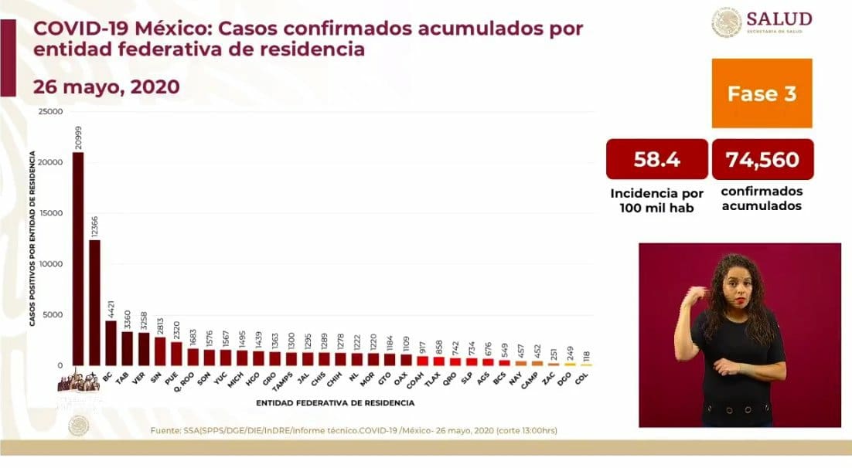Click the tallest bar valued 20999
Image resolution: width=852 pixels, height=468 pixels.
[x=78, y=258]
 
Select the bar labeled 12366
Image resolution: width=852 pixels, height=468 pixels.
[x=94, y=302]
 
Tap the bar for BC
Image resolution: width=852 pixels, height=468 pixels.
[x=111, y=342]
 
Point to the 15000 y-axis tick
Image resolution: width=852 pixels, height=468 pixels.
[x=52, y=213]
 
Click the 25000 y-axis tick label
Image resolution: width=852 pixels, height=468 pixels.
[x=52, y=112]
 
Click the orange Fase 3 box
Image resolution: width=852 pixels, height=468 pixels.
[x=762, y=93]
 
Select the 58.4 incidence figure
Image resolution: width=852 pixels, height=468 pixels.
[x=656, y=160]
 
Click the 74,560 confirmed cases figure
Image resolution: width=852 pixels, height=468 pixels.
[x=762, y=160]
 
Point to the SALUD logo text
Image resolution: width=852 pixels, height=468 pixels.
[x=779, y=19]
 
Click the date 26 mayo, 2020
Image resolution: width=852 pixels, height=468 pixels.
[x=106, y=86]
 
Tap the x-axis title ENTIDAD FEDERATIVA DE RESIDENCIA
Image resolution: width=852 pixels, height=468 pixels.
[x=335, y=402]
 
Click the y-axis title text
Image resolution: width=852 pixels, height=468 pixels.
[x=35, y=238]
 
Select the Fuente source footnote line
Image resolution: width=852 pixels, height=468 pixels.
[x=353, y=430]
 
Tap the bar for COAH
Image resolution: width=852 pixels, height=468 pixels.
[x=423, y=360]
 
